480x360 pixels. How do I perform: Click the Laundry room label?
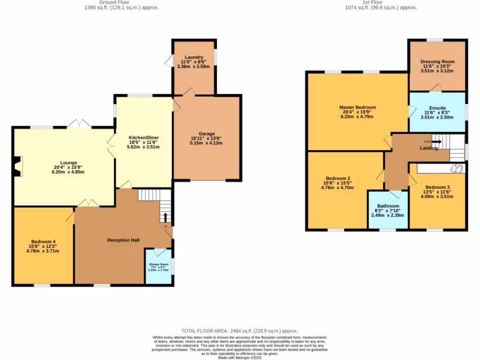(193, 57)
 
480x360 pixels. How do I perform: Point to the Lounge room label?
(68, 163)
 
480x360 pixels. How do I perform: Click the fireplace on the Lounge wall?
(17, 167)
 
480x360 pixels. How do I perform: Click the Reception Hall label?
(123, 240)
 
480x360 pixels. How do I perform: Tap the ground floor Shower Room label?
(158, 264)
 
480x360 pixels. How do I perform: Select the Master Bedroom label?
(357, 107)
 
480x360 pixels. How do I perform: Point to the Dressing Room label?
(437, 61)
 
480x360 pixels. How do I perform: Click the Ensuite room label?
(437, 107)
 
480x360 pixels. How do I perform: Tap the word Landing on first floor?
(429, 148)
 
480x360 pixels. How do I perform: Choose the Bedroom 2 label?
(338, 178)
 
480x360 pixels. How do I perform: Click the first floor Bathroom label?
(388, 206)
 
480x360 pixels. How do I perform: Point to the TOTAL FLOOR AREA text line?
(240, 331)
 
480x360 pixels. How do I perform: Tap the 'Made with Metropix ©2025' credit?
(240, 358)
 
